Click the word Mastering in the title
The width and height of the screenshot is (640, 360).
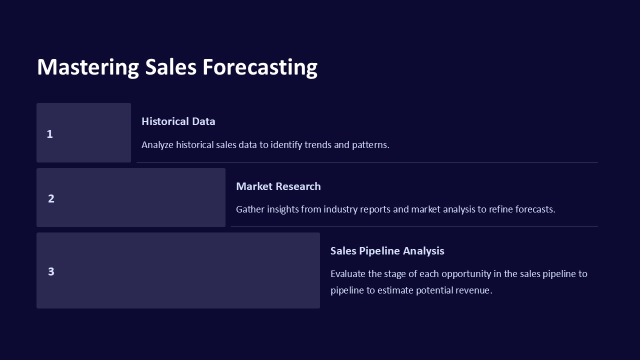point(88,67)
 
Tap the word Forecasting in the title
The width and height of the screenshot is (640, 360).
point(259,67)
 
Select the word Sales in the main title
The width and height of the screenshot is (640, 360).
point(170,67)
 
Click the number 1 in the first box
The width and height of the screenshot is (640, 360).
point(49,134)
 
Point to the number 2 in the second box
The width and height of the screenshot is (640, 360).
point(51,198)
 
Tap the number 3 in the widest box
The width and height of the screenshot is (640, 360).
point(51,271)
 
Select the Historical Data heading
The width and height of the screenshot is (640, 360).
point(178,121)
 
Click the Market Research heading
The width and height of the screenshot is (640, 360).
point(278,186)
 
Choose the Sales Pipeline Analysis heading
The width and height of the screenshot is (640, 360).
point(387,251)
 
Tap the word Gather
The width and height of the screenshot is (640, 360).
point(250,209)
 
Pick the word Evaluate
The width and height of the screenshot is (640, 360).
point(348,274)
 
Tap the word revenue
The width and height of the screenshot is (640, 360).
point(473,290)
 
